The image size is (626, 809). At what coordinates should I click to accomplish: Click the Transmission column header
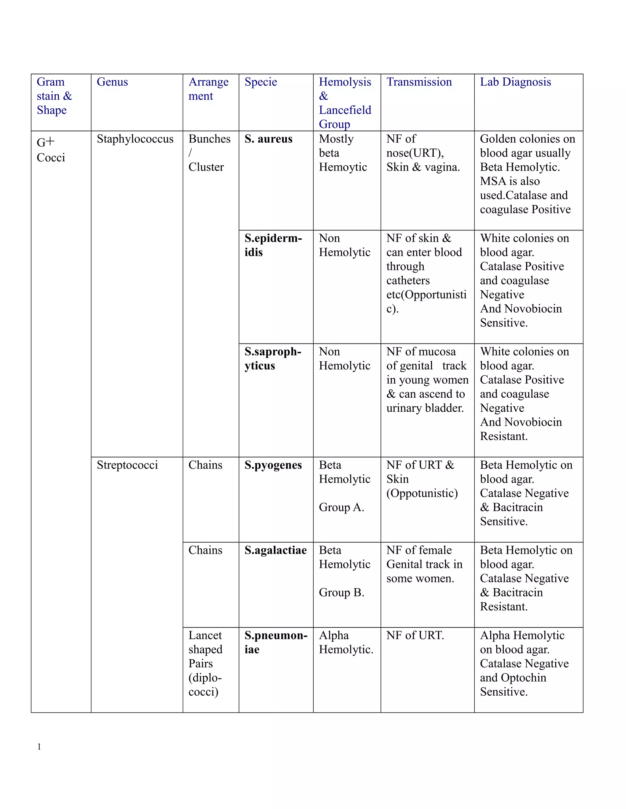tap(419, 82)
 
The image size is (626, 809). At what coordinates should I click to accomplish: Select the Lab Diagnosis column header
tap(515, 82)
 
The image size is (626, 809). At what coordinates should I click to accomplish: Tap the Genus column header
tap(112, 82)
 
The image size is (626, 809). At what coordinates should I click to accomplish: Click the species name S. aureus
tap(268, 139)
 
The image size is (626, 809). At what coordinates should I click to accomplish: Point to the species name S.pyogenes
tap(273, 465)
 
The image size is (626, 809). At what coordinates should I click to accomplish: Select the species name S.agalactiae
tap(275, 550)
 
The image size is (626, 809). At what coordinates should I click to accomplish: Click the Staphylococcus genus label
tap(135, 139)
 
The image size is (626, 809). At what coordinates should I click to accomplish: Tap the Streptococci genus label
tap(127, 465)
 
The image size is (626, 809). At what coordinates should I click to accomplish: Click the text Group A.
tap(341, 507)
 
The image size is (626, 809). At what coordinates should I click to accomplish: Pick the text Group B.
tap(341, 592)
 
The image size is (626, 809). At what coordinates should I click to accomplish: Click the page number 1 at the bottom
tap(39, 747)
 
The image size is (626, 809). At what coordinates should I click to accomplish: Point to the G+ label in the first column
tap(46, 142)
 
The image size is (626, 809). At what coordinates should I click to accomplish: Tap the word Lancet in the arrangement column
tap(205, 635)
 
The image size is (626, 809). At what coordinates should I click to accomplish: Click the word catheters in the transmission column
tap(408, 280)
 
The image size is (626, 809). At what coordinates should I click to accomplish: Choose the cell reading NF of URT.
tap(415, 635)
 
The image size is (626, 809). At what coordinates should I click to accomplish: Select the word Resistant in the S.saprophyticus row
tap(503, 436)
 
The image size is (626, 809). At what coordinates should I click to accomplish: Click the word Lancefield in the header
tap(345, 110)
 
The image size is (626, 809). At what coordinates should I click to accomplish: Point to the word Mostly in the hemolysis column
tap(336, 139)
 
